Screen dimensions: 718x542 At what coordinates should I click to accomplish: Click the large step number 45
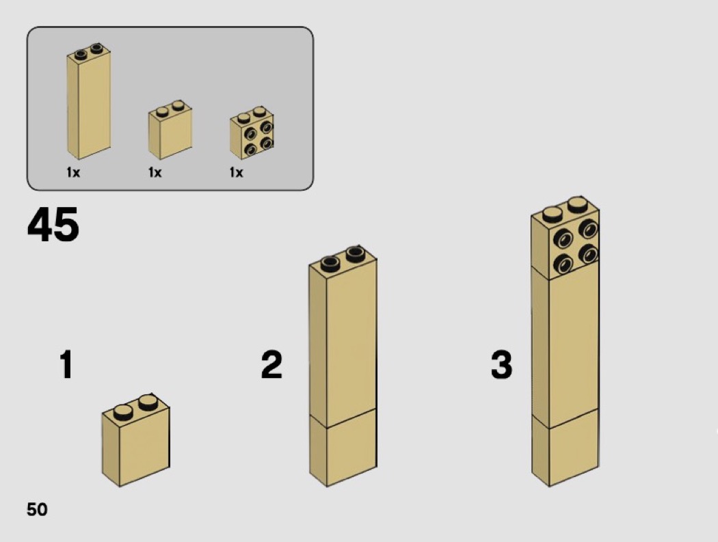[53, 224]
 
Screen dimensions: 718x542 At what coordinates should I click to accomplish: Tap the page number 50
[37, 509]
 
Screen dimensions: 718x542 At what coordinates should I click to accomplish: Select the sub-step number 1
[66, 364]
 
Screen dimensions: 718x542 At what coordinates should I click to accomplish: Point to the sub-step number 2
[271, 364]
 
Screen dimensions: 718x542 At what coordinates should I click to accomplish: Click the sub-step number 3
[501, 364]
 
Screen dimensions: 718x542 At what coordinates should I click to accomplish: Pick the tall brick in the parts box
[89, 101]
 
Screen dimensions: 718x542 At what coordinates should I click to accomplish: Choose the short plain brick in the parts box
[170, 130]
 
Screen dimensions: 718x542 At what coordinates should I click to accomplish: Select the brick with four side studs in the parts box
[252, 133]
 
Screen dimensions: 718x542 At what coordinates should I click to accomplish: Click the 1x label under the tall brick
[73, 173]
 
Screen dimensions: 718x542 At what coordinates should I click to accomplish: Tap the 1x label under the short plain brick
[155, 173]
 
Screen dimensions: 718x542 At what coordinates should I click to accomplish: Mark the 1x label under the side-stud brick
[237, 173]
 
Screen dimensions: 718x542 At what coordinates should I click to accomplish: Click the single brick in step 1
[135, 440]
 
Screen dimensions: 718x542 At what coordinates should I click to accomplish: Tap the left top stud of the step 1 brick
[122, 412]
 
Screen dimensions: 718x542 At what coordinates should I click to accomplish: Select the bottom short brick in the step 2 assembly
[343, 448]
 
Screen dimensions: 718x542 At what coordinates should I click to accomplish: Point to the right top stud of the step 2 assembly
[356, 254]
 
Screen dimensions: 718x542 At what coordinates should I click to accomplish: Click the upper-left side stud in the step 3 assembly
[563, 239]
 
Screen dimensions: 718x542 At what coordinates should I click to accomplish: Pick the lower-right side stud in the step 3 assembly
[588, 254]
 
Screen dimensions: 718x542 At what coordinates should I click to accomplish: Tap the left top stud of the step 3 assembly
[553, 214]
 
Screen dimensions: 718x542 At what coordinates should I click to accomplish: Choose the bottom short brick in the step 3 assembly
[565, 448]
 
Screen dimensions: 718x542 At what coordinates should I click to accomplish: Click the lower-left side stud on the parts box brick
[250, 149]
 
